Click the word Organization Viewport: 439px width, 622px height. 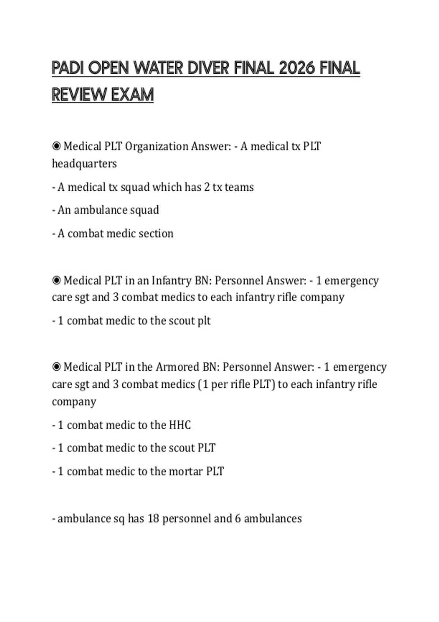point(157,146)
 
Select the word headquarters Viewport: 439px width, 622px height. point(84,164)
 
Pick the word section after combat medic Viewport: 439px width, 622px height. point(156,233)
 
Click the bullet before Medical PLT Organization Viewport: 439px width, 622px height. point(56,146)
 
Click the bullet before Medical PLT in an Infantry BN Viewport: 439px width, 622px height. point(56,281)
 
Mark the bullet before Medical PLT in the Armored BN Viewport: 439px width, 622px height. point(56,367)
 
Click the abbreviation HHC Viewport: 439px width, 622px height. point(180,425)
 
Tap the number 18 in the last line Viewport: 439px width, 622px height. point(153,518)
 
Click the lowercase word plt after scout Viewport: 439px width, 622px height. point(204,321)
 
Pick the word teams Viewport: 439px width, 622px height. point(239,187)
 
